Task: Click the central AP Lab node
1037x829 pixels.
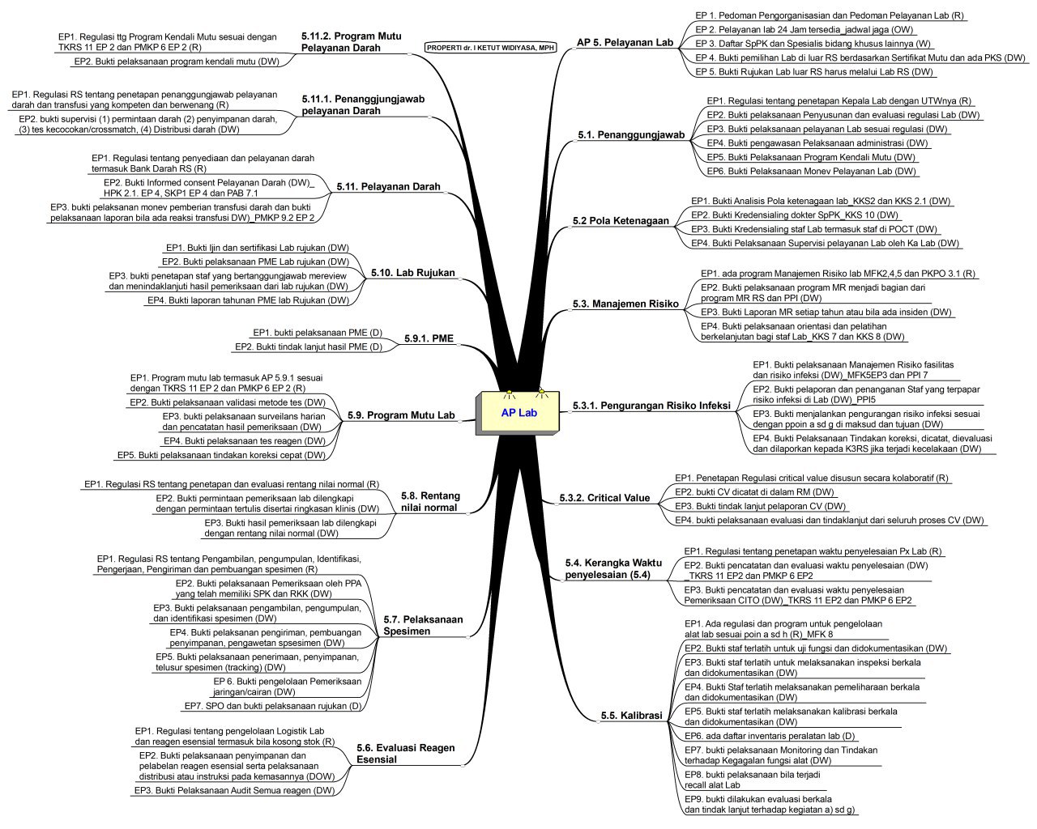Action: [518, 413]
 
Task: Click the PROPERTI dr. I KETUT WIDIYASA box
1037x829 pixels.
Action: [489, 48]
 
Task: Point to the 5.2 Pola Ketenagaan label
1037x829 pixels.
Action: [621, 220]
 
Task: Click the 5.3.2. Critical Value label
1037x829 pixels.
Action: [605, 498]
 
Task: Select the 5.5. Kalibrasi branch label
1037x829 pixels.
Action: [631, 716]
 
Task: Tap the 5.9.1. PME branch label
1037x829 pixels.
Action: [429, 338]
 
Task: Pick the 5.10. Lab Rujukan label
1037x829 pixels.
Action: [412, 273]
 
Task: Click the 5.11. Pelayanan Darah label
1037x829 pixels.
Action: [388, 187]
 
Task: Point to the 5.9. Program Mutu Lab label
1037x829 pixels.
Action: [401, 415]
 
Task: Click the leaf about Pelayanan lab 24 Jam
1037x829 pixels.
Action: [804, 29]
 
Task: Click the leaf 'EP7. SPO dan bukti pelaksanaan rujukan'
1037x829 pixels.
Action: [272, 706]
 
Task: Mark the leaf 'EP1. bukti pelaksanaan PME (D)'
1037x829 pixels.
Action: [317, 333]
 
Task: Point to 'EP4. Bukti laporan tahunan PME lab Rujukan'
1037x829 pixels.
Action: [248, 300]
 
